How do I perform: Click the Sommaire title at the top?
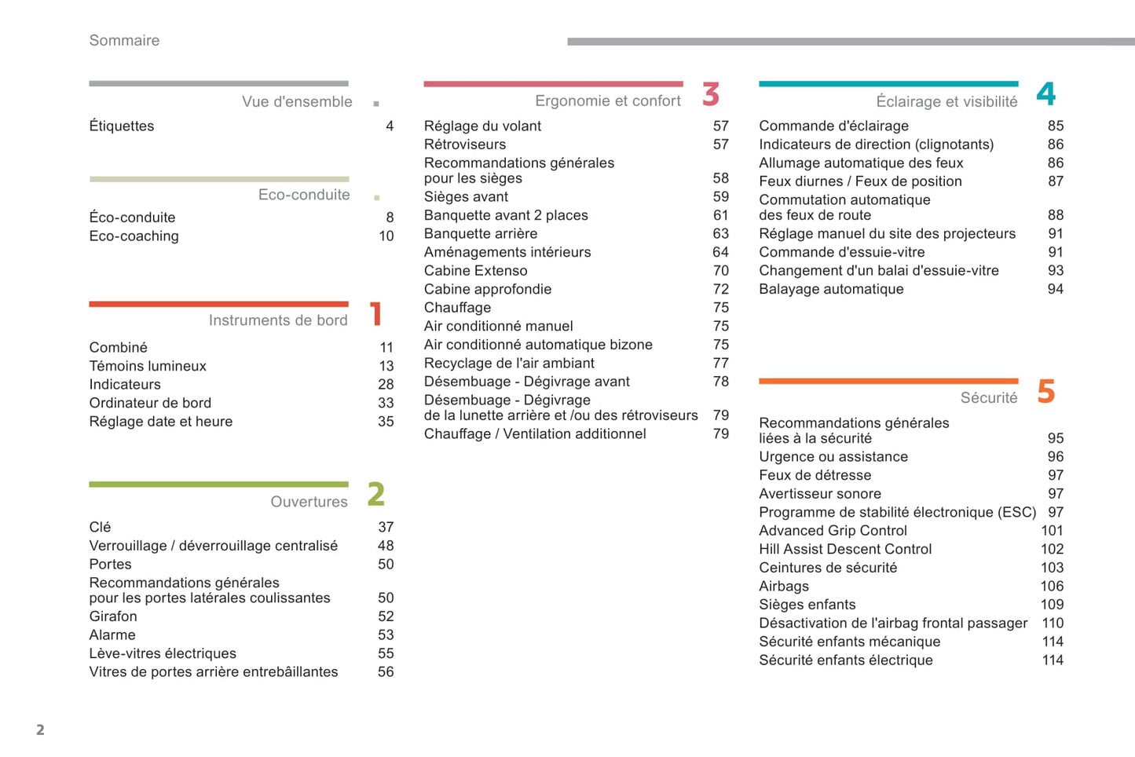pos(124,41)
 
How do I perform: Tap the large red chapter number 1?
pos(376,313)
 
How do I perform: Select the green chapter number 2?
pos(376,495)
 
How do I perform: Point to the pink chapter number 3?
pos(711,95)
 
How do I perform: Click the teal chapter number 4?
pos(1046,94)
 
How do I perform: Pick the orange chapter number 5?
pos(1046,391)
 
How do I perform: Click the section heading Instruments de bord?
pos(278,320)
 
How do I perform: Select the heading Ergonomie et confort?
pos(608,101)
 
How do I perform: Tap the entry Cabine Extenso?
pos(476,271)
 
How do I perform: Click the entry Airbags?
pos(784,587)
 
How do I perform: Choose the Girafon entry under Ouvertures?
pos(113,617)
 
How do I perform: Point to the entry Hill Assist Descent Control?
pos(845,550)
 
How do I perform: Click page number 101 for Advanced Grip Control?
pos(1052,531)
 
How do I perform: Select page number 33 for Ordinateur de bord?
pos(386,403)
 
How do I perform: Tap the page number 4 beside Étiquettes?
pos(390,126)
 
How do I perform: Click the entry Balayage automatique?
pos(831,290)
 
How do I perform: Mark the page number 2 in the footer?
pos(40,730)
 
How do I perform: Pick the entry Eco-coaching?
pos(134,236)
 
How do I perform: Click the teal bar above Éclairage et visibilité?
pos(888,83)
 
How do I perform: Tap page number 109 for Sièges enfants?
pos(1052,605)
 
